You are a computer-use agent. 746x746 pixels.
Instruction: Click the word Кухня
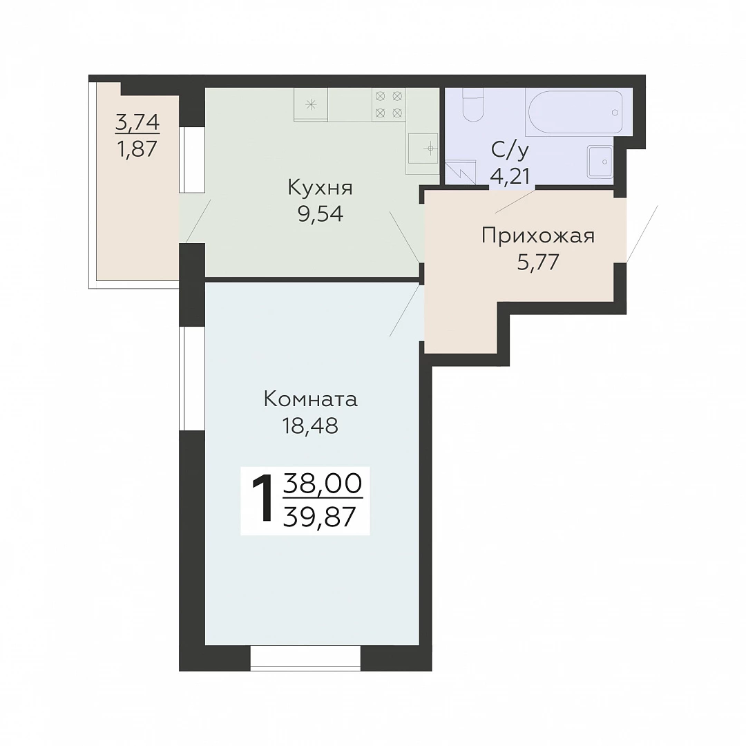pyautogui.click(x=321, y=189)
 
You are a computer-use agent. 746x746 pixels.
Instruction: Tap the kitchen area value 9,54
pyautogui.click(x=321, y=215)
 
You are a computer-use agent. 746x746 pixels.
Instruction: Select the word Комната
pyautogui.click(x=310, y=400)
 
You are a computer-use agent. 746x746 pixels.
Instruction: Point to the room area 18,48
pyautogui.click(x=310, y=425)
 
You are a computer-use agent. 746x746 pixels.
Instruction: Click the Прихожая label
pyautogui.click(x=538, y=236)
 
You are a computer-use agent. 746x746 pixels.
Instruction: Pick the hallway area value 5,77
pyautogui.click(x=538, y=262)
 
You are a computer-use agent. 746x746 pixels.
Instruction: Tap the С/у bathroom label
pyautogui.click(x=510, y=151)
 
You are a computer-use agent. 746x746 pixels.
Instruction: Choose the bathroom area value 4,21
pyautogui.click(x=510, y=177)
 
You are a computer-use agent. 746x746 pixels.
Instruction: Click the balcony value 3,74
pyautogui.click(x=137, y=123)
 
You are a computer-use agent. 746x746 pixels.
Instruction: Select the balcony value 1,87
pyautogui.click(x=137, y=149)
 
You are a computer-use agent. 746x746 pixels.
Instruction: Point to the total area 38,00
pyautogui.click(x=323, y=484)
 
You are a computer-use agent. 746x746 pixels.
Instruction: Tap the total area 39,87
pyautogui.click(x=320, y=516)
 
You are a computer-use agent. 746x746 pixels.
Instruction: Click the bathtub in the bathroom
pyautogui.click(x=574, y=113)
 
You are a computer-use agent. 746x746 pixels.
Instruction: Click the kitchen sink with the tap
pyautogui.click(x=423, y=149)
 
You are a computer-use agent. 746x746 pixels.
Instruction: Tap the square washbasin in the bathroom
pyautogui.click(x=600, y=162)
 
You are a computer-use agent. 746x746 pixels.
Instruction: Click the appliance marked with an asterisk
pyautogui.click(x=311, y=105)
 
